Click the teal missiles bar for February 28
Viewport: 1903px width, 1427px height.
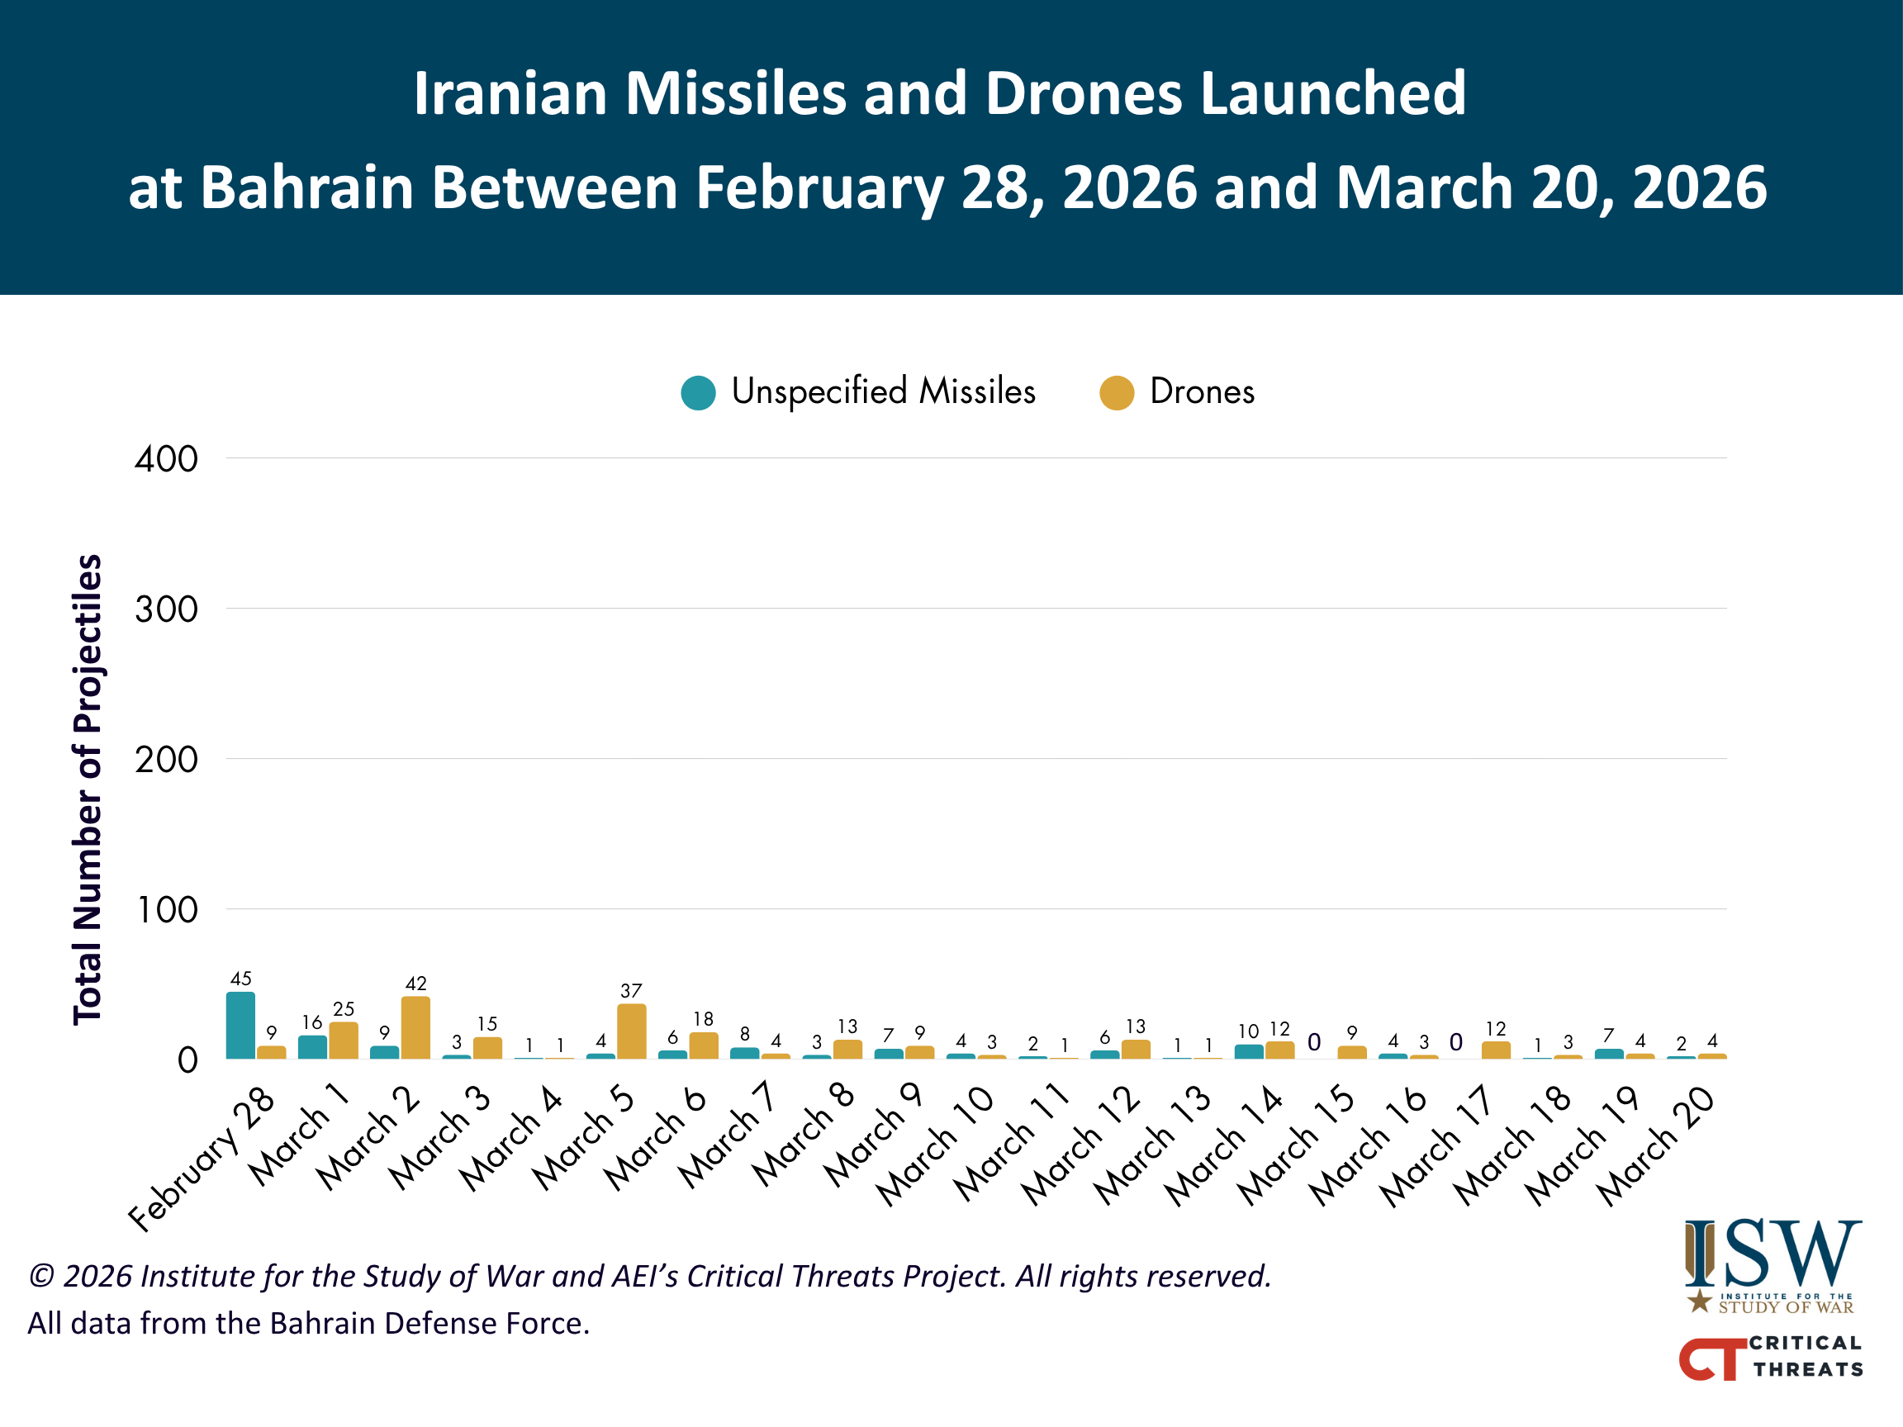(x=240, y=1026)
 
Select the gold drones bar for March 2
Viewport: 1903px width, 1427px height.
(x=415, y=1028)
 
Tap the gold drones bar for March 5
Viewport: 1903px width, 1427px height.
(x=632, y=1031)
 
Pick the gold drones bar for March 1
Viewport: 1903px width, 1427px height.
(x=344, y=1040)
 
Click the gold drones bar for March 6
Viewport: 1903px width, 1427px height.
(x=704, y=1045)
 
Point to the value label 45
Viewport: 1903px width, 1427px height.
(x=241, y=978)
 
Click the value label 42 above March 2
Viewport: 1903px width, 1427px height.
(x=415, y=984)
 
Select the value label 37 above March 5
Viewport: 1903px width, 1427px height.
(x=632, y=991)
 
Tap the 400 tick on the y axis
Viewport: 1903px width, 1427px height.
(x=166, y=459)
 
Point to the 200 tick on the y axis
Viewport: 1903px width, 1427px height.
(x=166, y=760)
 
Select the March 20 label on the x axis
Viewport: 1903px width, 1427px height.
(x=1656, y=1145)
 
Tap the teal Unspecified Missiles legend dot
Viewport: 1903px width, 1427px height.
(x=699, y=393)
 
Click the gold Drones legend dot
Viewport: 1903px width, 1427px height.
(x=1117, y=393)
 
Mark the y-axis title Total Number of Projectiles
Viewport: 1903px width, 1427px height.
(x=88, y=789)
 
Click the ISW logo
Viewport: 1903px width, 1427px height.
(x=1772, y=1265)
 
